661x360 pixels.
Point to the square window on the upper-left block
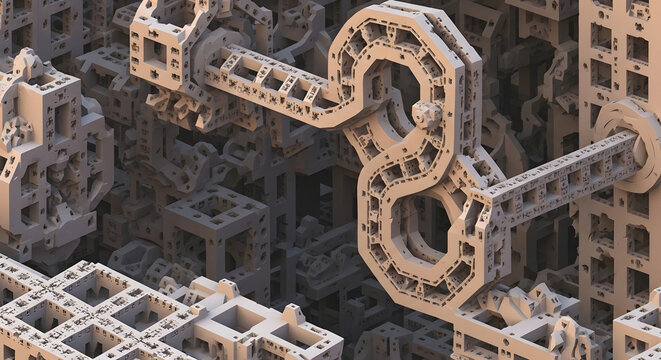[157, 49]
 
